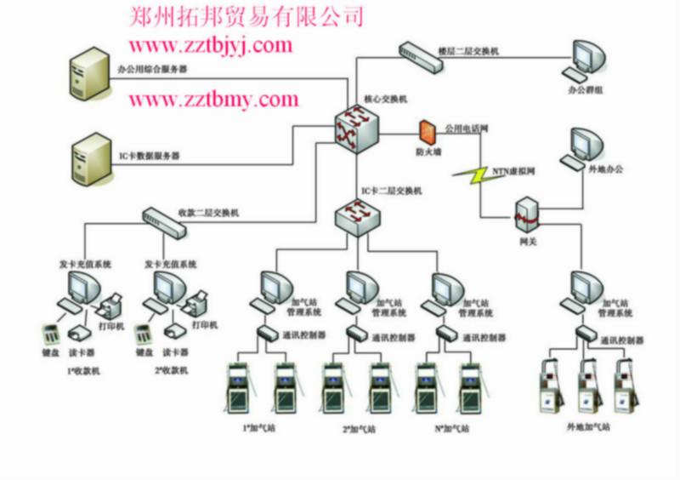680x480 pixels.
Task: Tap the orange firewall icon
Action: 426,133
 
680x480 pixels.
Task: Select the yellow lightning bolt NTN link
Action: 470,174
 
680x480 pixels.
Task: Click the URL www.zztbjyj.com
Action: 210,45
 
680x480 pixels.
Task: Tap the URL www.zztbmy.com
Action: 213,100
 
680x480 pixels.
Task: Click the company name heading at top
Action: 246,15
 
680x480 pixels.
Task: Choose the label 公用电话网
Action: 466,129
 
